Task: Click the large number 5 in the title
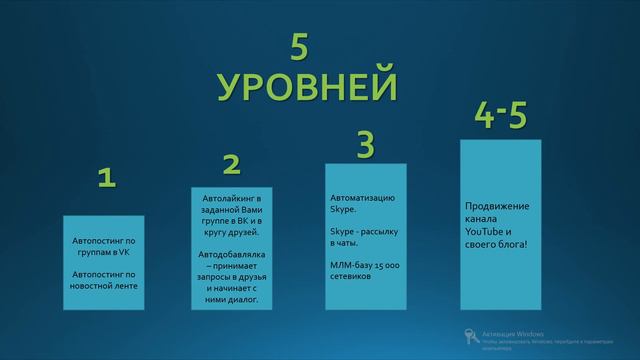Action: (301, 49)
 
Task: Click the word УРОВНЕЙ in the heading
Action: (307, 86)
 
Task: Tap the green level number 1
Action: (107, 179)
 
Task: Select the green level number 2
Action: (231, 163)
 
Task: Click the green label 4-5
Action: (500, 117)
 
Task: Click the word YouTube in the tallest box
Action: (487, 231)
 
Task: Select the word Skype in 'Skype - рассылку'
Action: (343, 230)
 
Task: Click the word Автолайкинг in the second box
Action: (231, 199)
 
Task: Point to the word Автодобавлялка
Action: (231, 254)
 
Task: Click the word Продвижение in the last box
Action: (497, 207)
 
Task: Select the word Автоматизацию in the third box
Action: (362, 198)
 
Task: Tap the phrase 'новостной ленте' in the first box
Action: (105, 286)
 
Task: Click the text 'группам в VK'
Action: (105, 253)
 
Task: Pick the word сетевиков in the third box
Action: (351, 276)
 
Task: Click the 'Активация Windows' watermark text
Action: (513, 333)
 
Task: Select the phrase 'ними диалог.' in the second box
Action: (231, 298)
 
